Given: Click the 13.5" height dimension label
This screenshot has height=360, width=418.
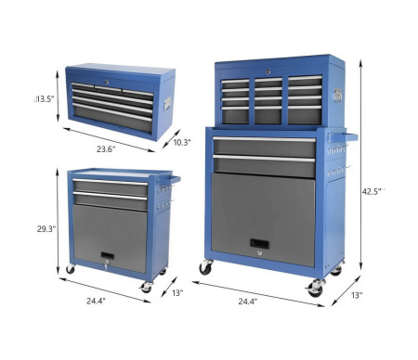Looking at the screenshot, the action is point(44,99).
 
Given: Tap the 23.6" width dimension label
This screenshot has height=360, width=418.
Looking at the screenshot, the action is point(106,149).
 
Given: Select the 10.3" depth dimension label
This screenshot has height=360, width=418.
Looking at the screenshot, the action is point(182,142).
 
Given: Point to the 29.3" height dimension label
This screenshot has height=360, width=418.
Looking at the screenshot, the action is point(46,229).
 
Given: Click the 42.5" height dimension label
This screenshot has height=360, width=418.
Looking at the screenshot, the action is point(373,191).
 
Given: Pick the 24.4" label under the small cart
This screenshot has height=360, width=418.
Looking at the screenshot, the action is point(96,301).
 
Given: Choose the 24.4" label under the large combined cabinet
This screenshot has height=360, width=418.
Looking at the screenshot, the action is point(248,302).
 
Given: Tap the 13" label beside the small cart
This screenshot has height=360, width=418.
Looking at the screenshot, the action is point(177,292).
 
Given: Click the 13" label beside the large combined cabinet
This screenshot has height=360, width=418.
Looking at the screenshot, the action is point(357,295).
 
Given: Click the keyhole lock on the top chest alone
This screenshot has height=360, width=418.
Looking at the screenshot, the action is point(107,83).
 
